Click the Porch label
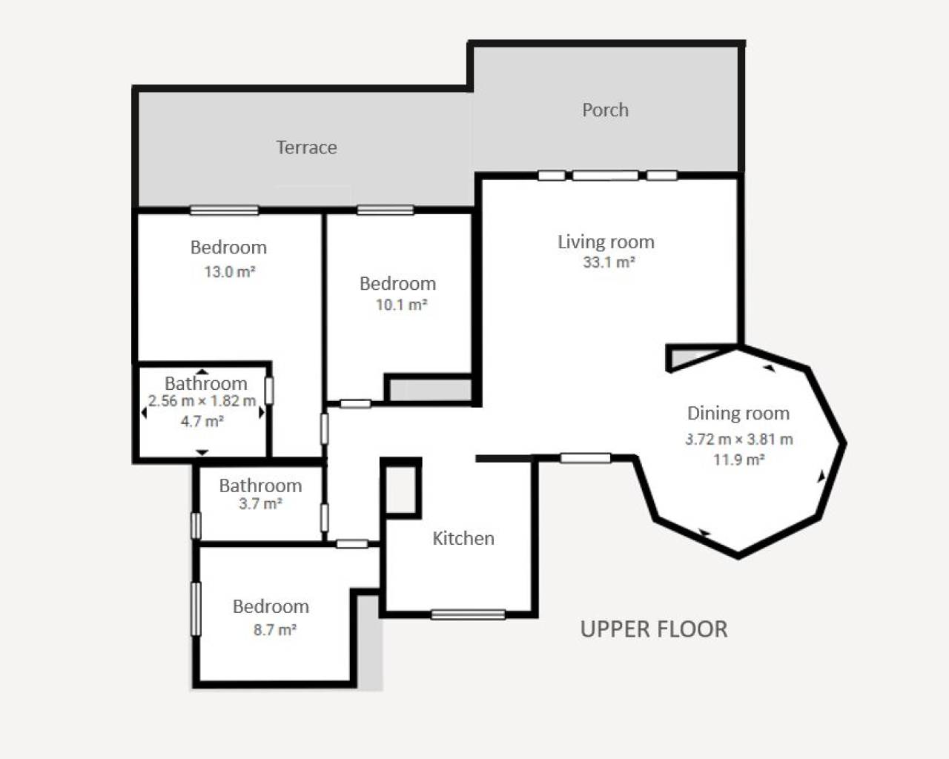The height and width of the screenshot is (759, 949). [x=605, y=110]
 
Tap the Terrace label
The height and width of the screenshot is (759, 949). [x=306, y=148]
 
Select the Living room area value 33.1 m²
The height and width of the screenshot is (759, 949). [x=609, y=262]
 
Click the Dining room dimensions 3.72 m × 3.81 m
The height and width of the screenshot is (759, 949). [x=738, y=439]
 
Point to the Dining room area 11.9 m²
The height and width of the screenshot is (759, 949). [x=738, y=460]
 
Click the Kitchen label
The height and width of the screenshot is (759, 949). [x=463, y=538]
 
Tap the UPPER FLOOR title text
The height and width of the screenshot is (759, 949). [x=653, y=629]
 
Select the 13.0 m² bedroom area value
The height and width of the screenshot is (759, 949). [x=229, y=272]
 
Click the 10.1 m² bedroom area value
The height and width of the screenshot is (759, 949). [x=401, y=305]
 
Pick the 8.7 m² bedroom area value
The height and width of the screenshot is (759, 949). [x=274, y=630]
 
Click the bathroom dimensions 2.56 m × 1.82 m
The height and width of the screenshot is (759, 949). [x=202, y=401]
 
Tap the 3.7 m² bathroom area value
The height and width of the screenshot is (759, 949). [x=260, y=504]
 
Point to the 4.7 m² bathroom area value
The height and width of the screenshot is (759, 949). [x=202, y=421]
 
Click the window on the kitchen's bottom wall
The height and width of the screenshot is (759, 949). [x=468, y=614]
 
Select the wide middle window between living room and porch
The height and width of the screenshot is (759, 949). [x=605, y=176]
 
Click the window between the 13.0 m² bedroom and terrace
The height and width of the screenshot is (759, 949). [x=224, y=211]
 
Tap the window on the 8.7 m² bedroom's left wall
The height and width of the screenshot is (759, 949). [x=196, y=609]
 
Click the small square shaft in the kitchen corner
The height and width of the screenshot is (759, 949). [x=401, y=488]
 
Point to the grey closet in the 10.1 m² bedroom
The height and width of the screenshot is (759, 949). [x=431, y=390]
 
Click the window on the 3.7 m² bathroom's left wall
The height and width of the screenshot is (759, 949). [x=196, y=525]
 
